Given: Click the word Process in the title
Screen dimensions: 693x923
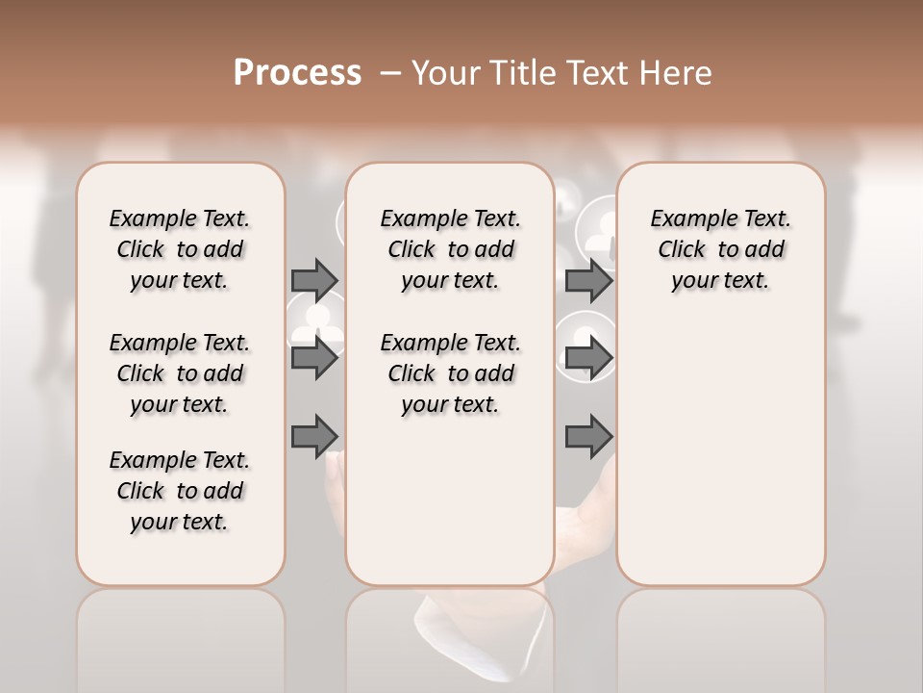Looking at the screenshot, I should (x=297, y=73).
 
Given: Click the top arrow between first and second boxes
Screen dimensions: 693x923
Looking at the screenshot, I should (x=314, y=280).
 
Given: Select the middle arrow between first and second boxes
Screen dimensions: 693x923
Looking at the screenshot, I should (x=314, y=358).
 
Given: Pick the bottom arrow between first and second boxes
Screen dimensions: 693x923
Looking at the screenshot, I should (x=314, y=436).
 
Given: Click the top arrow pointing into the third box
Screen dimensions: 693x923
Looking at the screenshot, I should (x=588, y=280).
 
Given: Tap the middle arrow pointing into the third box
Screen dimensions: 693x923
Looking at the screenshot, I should (x=588, y=358).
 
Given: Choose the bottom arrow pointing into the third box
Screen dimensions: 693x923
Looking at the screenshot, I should (x=588, y=436).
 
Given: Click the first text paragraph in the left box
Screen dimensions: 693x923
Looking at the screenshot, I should (x=180, y=249).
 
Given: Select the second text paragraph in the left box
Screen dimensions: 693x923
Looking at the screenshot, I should (x=180, y=373).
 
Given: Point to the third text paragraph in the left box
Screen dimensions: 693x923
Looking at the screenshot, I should (x=180, y=491).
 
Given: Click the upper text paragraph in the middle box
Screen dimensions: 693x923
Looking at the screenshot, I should (x=450, y=249).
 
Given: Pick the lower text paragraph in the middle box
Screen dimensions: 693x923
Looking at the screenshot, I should (x=450, y=373).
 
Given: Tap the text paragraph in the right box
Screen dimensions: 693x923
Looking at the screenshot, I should (x=720, y=249).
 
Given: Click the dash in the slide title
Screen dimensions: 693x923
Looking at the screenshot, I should (x=390, y=73).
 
